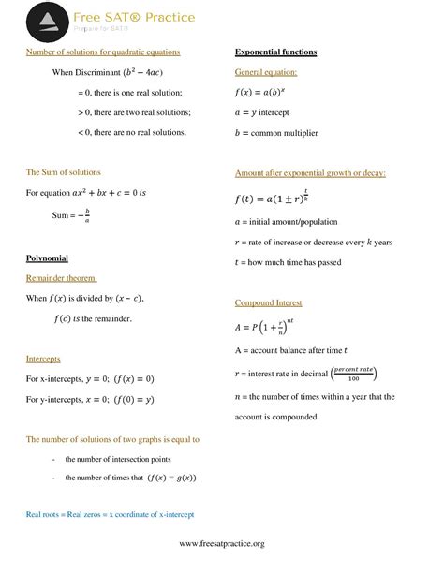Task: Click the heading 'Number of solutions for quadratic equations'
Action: (x=103, y=52)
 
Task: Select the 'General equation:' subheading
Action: (x=266, y=72)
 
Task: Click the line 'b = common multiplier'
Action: (x=276, y=133)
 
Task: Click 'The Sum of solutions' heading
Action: (x=64, y=172)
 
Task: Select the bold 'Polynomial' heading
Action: (x=47, y=258)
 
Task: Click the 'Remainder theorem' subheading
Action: (x=62, y=278)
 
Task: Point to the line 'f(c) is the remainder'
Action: (x=92, y=318)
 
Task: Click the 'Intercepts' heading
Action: (x=45, y=359)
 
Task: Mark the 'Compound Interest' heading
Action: (x=268, y=303)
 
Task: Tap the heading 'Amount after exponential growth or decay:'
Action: (x=310, y=173)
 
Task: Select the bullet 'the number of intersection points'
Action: (x=117, y=460)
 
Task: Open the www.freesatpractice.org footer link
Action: (x=221, y=544)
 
